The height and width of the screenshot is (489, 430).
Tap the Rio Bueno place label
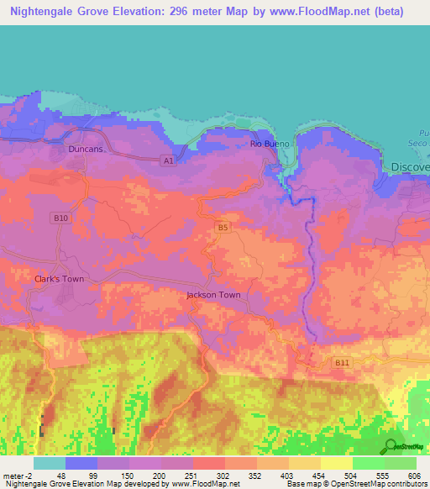pos(270,144)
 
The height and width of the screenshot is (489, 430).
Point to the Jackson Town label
pos(213,295)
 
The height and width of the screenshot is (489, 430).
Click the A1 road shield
pos(168,160)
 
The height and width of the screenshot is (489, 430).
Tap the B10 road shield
pos(60,218)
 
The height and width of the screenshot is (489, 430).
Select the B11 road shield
pos(340,362)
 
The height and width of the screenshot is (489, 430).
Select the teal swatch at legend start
pos(49,462)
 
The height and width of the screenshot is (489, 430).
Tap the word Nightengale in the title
pos(48,11)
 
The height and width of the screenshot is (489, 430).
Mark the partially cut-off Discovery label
pos(410,167)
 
